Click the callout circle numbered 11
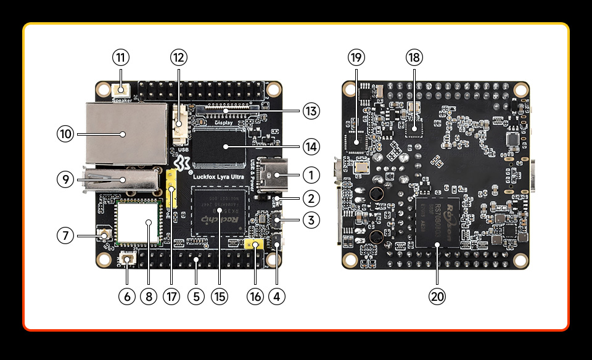tap(121, 58)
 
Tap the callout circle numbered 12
tap(179, 58)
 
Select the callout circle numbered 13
tap(311, 112)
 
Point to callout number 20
tap(437, 296)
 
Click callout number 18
tap(414, 58)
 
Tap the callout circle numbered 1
tap(311, 175)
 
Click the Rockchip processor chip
tap(218, 211)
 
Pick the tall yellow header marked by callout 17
tap(171, 189)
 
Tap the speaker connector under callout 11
tap(122, 91)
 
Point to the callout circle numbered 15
tap(218, 296)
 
